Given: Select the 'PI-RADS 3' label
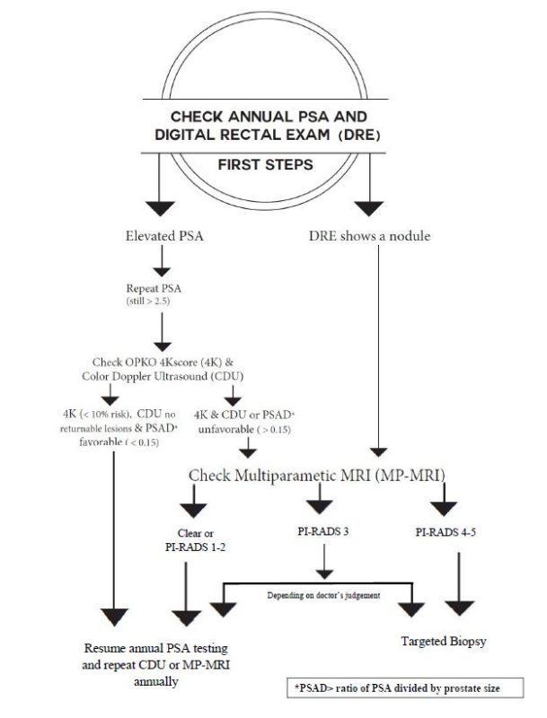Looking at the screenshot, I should click(x=322, y=531).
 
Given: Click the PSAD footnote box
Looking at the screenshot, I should click(x=409, y=688).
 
